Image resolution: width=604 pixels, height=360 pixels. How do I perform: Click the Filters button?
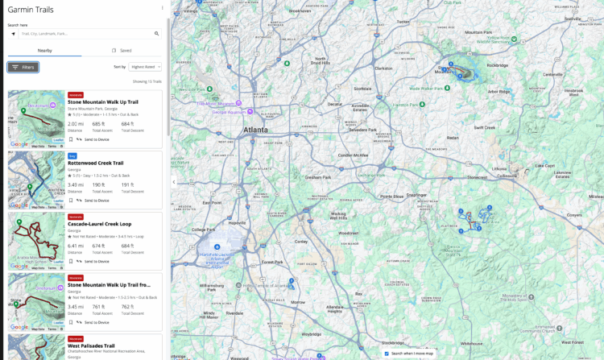[x=23, y=68]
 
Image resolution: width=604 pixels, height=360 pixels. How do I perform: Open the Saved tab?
[x=122, y=50]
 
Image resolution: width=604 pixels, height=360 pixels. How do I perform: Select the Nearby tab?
[x=45, y=50]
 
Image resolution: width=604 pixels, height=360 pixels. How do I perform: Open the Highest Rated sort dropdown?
[x=146, y=67]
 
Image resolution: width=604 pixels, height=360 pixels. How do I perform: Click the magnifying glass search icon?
[x=157, y=34]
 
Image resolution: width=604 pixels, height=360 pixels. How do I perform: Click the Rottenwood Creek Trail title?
[x=95, y=163]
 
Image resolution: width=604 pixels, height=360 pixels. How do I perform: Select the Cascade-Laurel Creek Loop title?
[x=99, y=224]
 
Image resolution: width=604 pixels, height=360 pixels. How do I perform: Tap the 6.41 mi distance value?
[x=76, y=246]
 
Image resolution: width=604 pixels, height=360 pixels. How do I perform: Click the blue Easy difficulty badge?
[x=72, y=155]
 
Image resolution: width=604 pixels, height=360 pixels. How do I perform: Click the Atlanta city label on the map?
[x=255, y=129]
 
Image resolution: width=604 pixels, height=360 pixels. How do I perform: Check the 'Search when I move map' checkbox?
[x=387, y=354]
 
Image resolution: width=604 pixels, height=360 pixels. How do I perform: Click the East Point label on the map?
[x=212, y=203]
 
